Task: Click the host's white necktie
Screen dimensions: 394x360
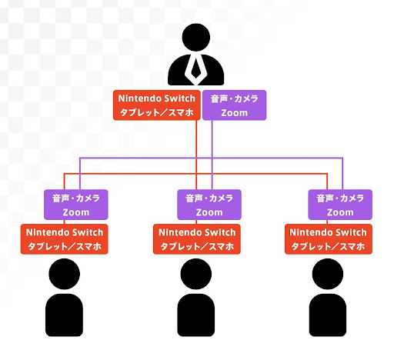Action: (x=195, y=69)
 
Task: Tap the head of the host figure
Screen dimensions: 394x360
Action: (x=196, y=37)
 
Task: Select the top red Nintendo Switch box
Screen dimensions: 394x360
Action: (x=157, y=105)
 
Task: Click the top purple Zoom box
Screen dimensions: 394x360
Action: (x=234, y=105)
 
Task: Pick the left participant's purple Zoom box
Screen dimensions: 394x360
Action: (x=76, y=205)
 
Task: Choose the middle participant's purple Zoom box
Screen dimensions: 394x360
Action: (x=209, y=205)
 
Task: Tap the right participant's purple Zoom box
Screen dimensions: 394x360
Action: (x=340, y=205)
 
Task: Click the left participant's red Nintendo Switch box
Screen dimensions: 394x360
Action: (x=64, y=239)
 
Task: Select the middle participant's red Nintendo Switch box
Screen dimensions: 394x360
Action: (x=197, y=239)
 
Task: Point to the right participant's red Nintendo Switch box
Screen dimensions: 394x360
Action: (x=329, y=239)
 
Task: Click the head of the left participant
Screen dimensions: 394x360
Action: (x=64, y=274)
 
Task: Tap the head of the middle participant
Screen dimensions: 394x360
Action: (x=196, y=274)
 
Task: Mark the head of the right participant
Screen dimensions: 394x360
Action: (x=328, y=274)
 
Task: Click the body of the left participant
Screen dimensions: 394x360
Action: (x=64, y=315)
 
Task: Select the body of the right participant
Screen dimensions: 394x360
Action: (x=328, y=315)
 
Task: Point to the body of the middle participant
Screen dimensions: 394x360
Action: (x=196, y=315)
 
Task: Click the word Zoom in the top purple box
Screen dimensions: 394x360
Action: (x=234, y=113)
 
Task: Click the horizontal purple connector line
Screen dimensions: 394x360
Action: (x=211, y=158)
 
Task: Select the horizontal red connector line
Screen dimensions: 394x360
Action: (x=195, y=174)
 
